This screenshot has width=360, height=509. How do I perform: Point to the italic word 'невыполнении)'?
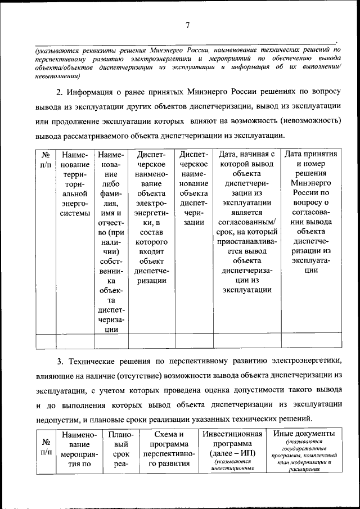56,75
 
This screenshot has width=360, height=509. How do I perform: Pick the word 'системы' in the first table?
75,213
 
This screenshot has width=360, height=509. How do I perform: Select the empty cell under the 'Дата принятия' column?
311,341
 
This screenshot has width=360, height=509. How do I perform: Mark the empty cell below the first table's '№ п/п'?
47,341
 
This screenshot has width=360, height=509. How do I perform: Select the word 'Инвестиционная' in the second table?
233,434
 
